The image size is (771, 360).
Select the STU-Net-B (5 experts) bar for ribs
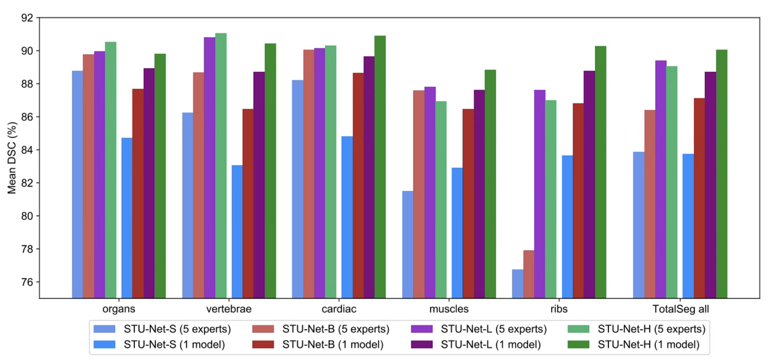[x=528, y=274]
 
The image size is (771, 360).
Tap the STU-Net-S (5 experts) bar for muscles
[x=407, y=244]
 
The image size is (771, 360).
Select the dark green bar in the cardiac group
[x=380, y=166]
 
